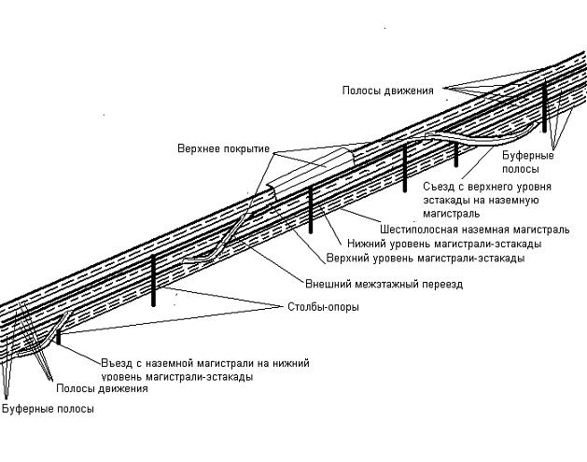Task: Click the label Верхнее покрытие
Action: click(x=223, y=148)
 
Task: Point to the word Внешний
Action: click(x=328, y=283)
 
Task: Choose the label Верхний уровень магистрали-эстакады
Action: click(x=425, y=257)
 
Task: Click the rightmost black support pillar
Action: click(x=543, y=107)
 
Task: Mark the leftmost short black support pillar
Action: click(x=59, y=337)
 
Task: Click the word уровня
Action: click(x=524, y=187)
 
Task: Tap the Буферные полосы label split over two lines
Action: click(x=519, y=162)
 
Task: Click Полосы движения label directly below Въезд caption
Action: click(x=102, y=388)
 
